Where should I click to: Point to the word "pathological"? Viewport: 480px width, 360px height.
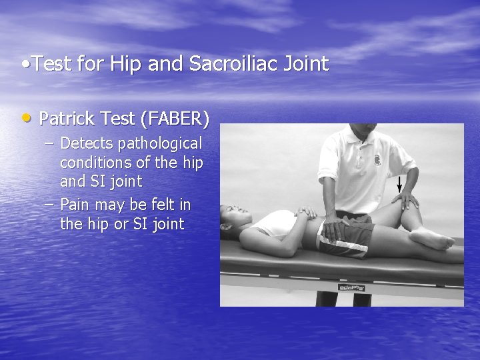pos(161,143)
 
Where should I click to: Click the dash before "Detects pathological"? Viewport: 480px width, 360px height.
pos(51,143)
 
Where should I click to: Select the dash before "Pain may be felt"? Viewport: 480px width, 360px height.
pos(51,205)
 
